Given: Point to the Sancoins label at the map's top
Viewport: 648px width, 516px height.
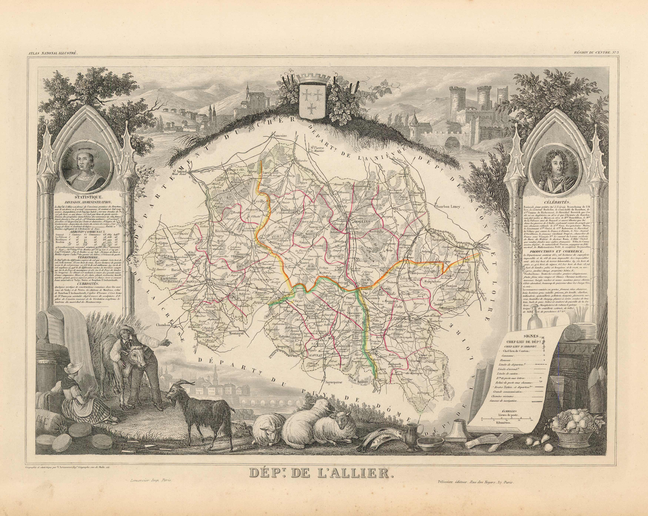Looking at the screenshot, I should pos(280,135).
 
